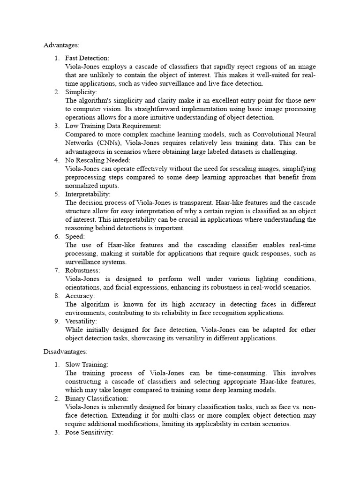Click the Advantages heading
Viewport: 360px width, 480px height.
(x=61, y=45)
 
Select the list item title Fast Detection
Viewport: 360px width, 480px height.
(x=87, y=58)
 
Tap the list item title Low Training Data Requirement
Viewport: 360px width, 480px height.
(x=113, y=126)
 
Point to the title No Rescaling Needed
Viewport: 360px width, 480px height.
(x=97, y=160)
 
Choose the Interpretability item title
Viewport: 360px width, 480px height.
(x=88, y=194)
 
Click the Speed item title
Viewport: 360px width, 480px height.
(x=75, y=237)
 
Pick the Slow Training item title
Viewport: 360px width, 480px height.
(x=87, y=364)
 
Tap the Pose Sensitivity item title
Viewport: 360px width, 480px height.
(x=90, y=432)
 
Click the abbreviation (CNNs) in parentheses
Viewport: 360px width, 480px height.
(x=107, y=143)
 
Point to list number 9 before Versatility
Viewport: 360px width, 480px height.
(x=56, y=322)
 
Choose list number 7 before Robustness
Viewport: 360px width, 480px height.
(x=56, y=270)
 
